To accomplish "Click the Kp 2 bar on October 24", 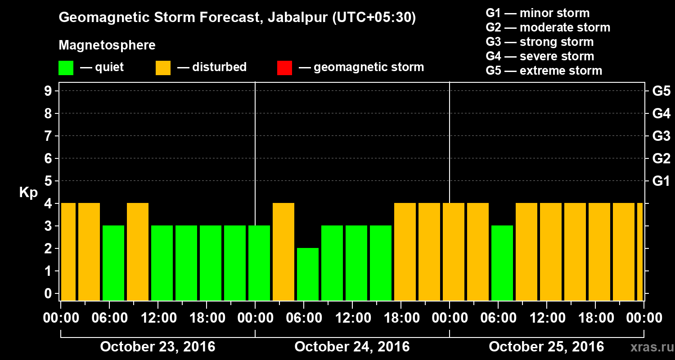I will point(308,274).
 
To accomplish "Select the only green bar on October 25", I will point(502,263).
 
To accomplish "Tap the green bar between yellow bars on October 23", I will point(113,263).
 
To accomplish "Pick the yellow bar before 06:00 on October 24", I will point(283,252).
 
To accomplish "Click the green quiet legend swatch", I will point(66,67).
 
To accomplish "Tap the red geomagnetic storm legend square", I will point(284,67).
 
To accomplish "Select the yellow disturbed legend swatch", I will point(163,67).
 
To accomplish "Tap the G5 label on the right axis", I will point(661,91).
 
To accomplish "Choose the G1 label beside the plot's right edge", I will point(661,181).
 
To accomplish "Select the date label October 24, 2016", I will point(352,347).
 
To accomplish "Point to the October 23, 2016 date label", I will point(157,347).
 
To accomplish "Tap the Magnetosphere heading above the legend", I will point(107,45).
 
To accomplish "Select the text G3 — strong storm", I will point(540,42).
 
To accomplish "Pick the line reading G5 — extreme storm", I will point(544,71).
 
